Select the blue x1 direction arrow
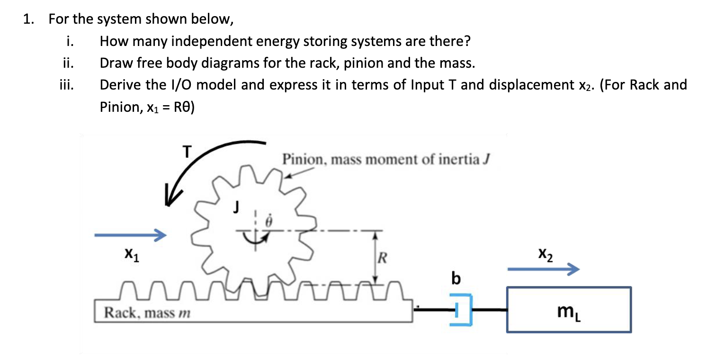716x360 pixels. (130, 234)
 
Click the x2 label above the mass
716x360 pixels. (545, 255)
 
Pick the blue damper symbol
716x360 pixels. (461, 309)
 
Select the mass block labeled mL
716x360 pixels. (569, 309)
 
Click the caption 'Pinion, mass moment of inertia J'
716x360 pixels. (385, 160)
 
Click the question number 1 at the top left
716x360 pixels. (29, 20)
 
